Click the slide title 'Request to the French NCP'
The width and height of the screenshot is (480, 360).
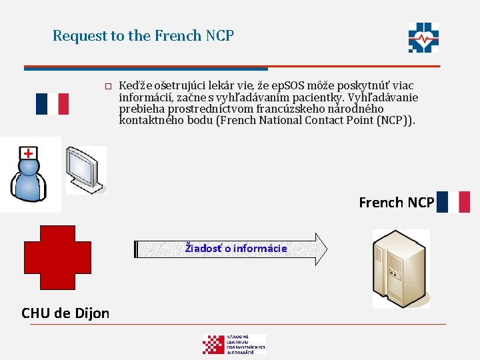143,35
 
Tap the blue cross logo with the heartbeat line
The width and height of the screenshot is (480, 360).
423,38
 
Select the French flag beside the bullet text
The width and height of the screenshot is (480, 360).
52,103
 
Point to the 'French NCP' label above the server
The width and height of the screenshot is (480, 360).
396,202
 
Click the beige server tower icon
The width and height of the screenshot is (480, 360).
401,268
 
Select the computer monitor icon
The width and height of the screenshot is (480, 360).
85,169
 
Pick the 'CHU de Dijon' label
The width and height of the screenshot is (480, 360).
65,313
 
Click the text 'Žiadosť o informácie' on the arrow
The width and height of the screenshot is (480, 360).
236,249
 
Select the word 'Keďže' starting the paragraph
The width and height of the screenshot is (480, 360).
134,85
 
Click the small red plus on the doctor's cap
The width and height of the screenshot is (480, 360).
28,153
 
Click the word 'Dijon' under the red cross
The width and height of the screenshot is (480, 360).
92,313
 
